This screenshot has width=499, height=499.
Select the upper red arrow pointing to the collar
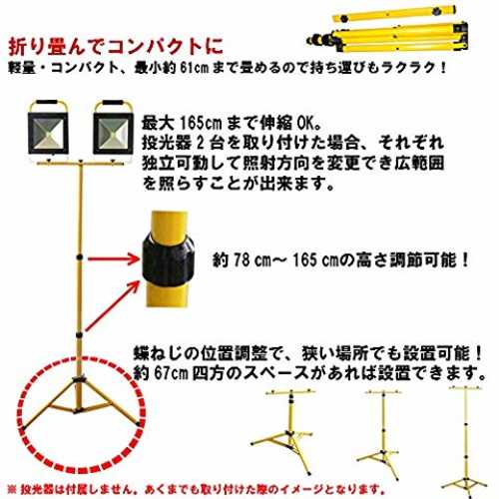[114, 258]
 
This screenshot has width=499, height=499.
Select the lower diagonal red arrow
[112, 305]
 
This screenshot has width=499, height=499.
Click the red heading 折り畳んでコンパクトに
[116, 46]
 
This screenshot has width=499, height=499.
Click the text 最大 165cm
[182, 124]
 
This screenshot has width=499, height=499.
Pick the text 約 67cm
[161, 373]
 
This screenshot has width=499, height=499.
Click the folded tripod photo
[387, 29]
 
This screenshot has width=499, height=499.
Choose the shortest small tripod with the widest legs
[286, 432]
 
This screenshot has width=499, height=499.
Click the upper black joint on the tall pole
[79, 256]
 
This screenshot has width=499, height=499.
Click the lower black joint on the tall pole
[79, 334]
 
